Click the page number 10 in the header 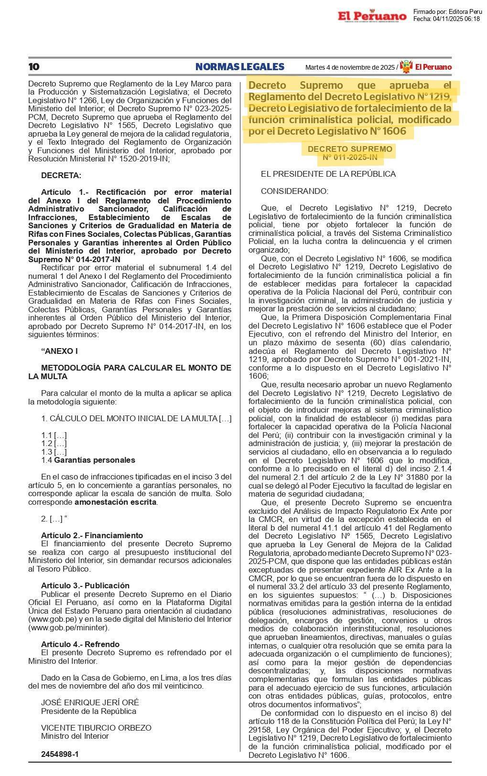pyautogui.click(x=34, y=67)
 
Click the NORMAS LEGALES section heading pyautogui.click(x=239, y=67)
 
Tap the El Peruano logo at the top pyautogui.click(x=372, y=16)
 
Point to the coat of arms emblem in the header pyautogui.click(x=406, y=67)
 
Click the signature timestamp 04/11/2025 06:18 pyautogui.click(x=456, y=19)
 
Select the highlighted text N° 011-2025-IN pyautogui.click(x=350, y=157)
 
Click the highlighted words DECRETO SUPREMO pyautogui.click(x=350, y=149)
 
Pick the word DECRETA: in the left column pyautogui.click(x=61, y=176)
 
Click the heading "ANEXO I pyautogui.click(x=60, y=351)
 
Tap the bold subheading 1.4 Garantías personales pyautogui.click(x=88, y=460)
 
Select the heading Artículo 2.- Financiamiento pyautogui.click(x=92, y=535)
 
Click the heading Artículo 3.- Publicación pyautogui.click(x=85, y=585)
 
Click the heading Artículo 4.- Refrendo pyautogui.click(x=80, y=644)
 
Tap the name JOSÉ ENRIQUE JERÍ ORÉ pyautogui.click(x=90, y=702)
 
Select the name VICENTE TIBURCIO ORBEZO pyautogui.click(x=96, y=728)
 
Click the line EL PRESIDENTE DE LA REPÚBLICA pyautogui.click(x=328, y=174)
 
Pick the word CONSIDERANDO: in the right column pyautogui.click(x=294, y=191)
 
